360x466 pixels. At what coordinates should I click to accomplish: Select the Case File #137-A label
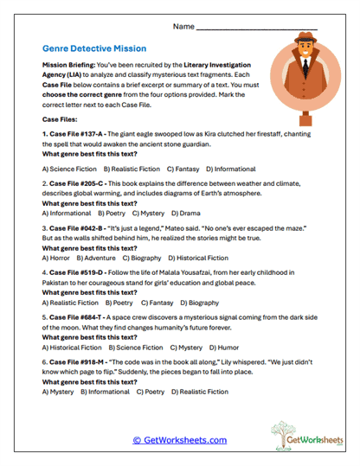77,135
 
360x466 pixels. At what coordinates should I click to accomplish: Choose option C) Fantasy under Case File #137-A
185,168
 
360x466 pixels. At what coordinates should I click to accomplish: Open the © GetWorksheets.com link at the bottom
180,440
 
